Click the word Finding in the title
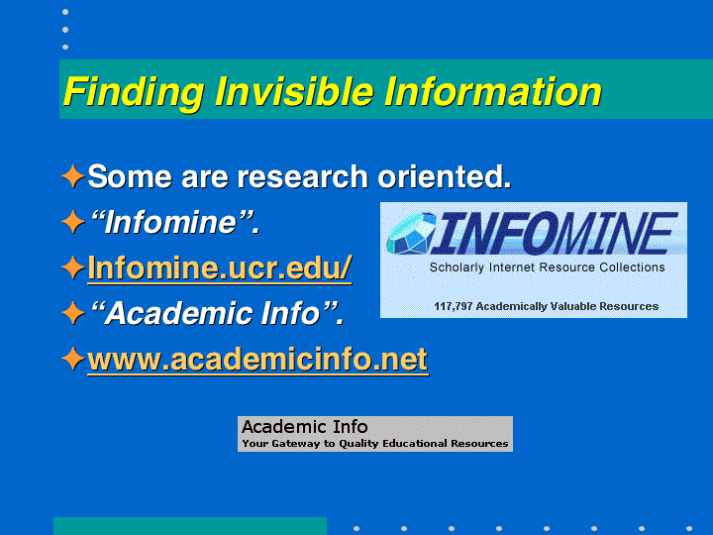tap(134, 93)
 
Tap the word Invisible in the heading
tap(294, 91)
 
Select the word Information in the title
tap(493, 91)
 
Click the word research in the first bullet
tap(302, 176)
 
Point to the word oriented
tap(445, 176)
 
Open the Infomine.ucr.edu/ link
tap(220, 267)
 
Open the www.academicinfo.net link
tap(257, 359)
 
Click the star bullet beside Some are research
tap(72, 176)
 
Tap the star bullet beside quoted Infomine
tap(72, 222)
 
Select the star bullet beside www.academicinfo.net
tap(72, 359)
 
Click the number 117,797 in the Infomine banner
tap(453, 306)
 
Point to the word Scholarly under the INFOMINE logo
tap(457, 267)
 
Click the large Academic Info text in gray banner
tap(305, 427)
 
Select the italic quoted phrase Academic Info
tap(217, 313)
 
